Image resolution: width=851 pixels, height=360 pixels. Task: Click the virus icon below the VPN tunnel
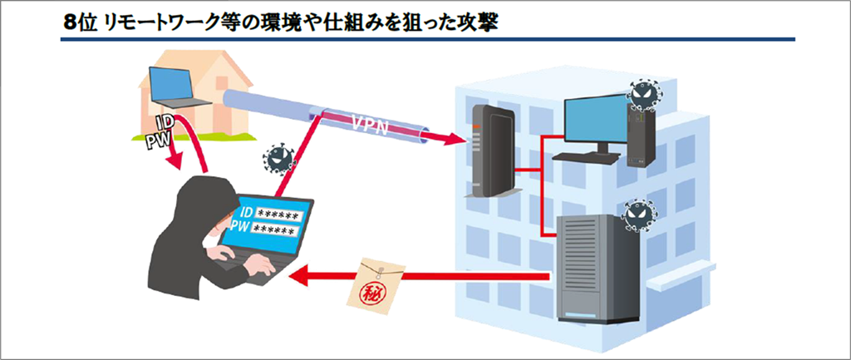point(278,155)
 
